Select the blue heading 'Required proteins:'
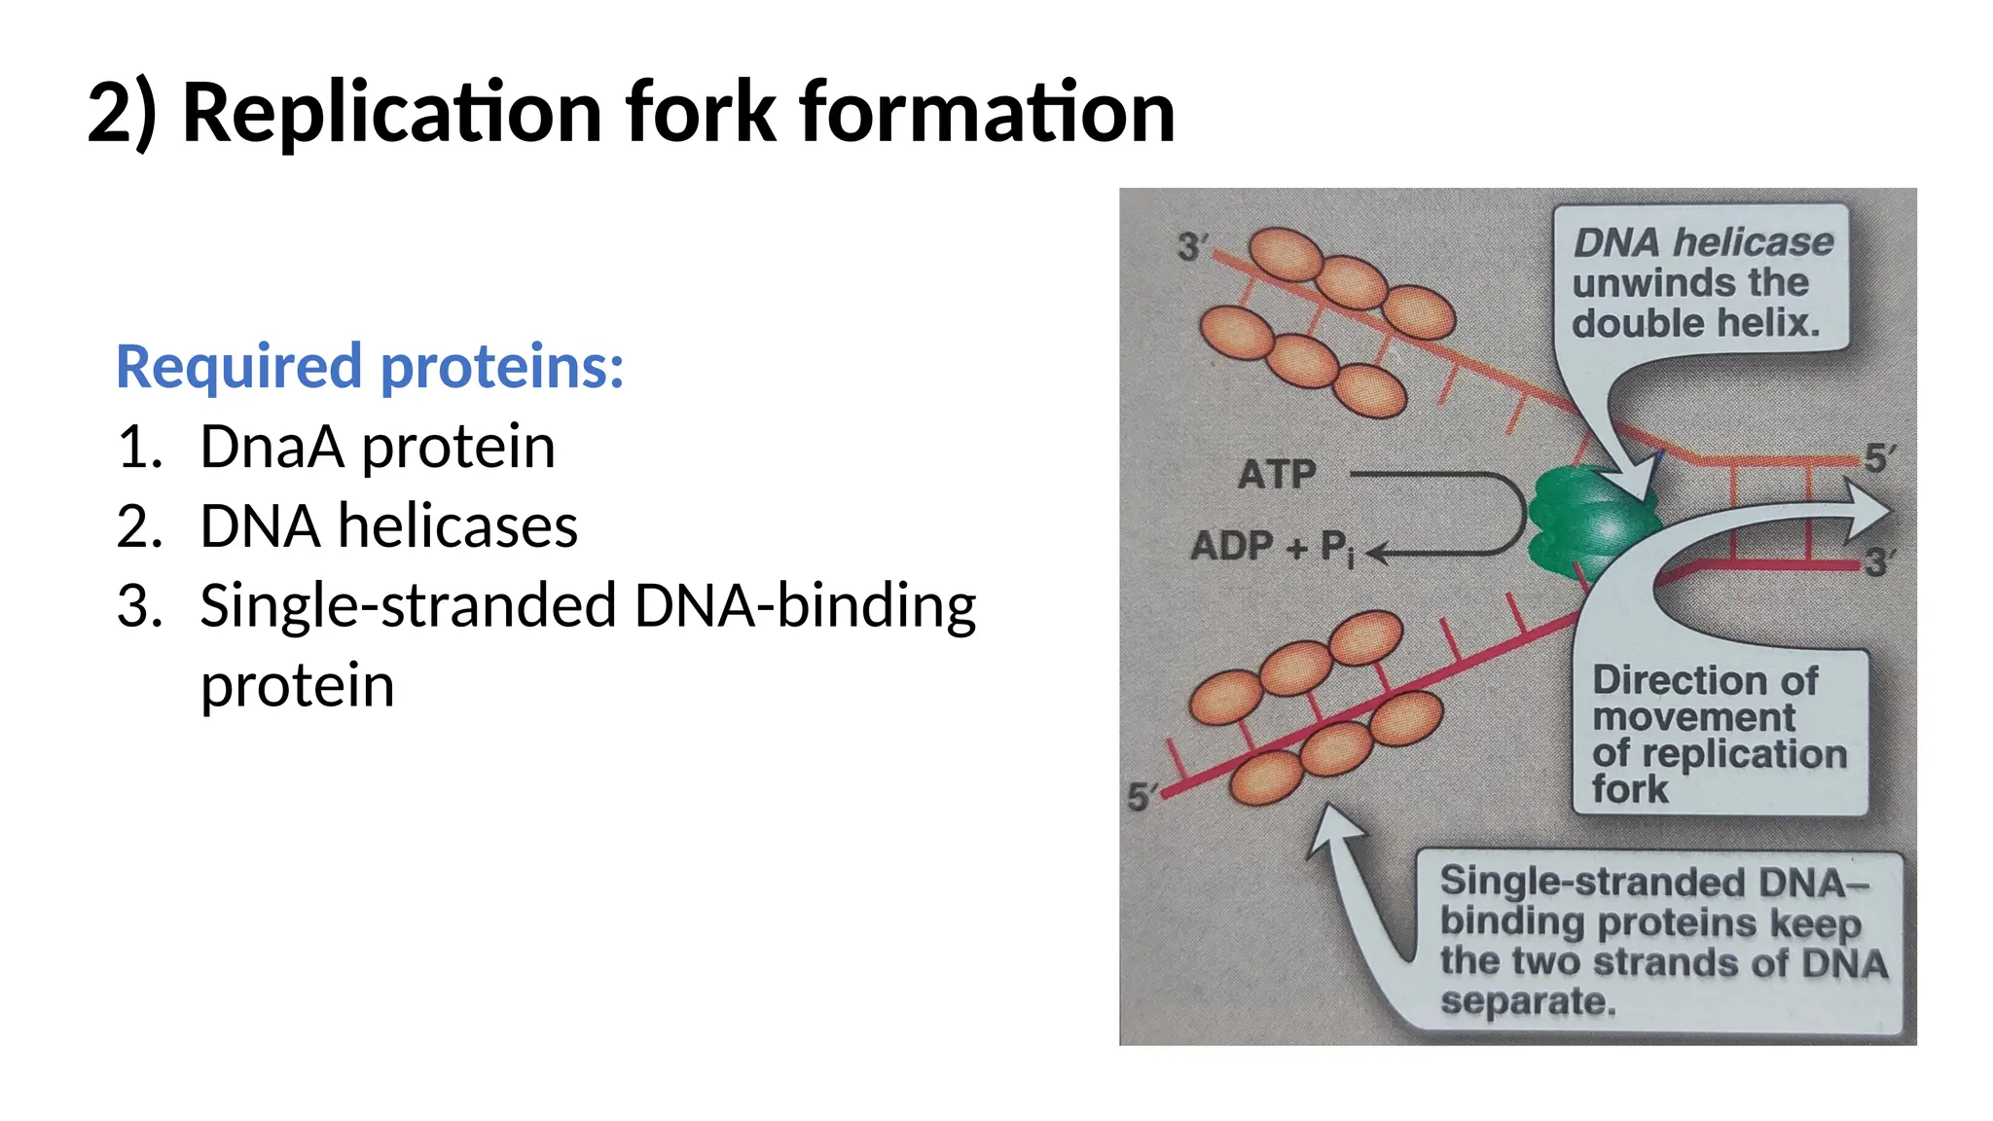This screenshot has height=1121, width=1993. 370,367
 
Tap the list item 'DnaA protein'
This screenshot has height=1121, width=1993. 378,447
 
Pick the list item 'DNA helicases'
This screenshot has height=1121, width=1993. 388,526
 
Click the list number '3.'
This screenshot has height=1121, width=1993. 140,606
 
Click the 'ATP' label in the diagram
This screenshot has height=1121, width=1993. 1277,475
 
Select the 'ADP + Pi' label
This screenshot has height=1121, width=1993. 1271,548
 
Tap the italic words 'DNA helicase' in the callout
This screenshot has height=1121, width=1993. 1703,242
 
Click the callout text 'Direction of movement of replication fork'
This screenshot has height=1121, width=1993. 1719,734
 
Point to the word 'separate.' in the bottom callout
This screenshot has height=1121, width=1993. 1528,1001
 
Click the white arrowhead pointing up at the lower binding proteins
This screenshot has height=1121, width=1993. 1334,828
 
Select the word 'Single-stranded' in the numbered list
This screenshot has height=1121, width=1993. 409,606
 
